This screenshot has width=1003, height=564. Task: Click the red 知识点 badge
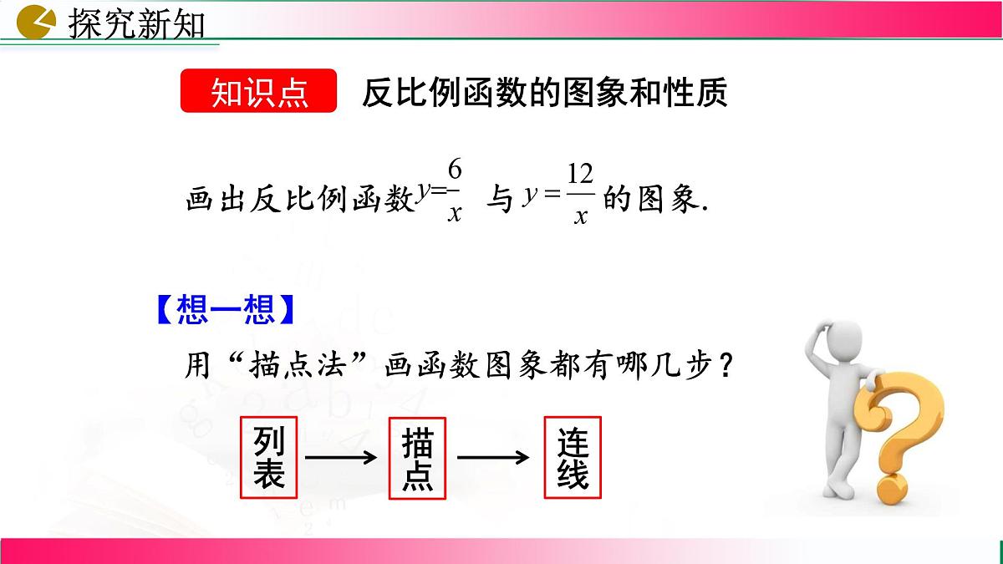[258, 92]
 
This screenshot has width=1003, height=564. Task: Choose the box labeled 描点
[417, 458]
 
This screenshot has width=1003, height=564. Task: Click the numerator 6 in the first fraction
[455, 170]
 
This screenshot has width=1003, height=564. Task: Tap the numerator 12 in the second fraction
[579, 174]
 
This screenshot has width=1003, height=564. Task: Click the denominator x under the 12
[579, 216]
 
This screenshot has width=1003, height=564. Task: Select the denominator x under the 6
[455, 213]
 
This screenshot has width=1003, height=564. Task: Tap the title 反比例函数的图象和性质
[544, 92]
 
